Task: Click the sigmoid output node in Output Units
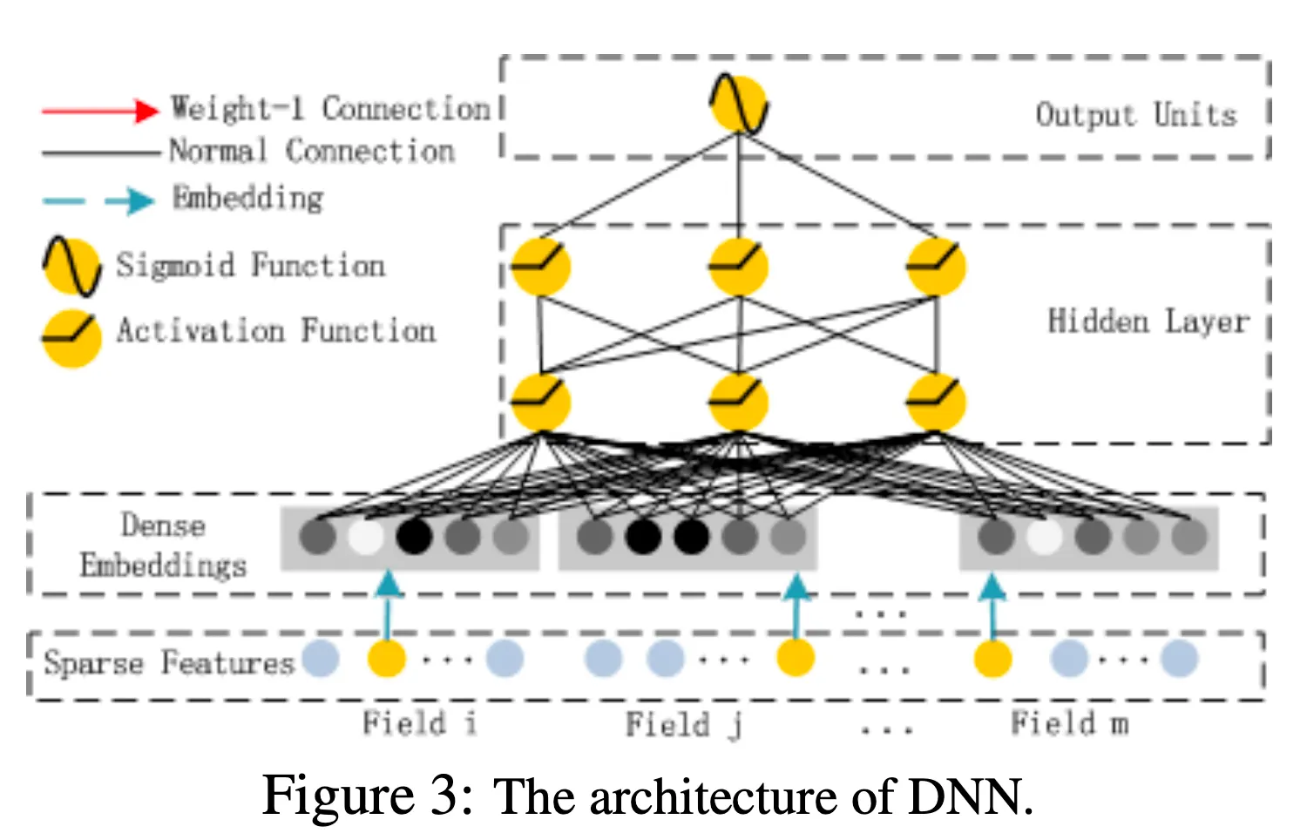pos(738,105)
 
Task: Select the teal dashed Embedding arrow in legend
pos(98,200)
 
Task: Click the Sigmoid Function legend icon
pos(71,267)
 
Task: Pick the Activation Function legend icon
pos(71,337)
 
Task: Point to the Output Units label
pos(1135,115)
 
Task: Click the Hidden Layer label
pos(1148,322)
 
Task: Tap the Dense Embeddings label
pos(163,545)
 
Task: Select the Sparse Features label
pos(169,663)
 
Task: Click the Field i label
pos(419,723)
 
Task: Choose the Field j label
pos(683,724)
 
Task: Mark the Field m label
pos(1069,723)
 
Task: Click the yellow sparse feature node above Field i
pos(387,658)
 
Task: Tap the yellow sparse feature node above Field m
pos(992,658)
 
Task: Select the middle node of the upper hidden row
pos(738,266)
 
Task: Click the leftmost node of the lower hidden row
pos(540,402)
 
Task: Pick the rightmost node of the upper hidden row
pos(936,266)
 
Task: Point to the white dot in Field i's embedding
pos(365,537)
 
